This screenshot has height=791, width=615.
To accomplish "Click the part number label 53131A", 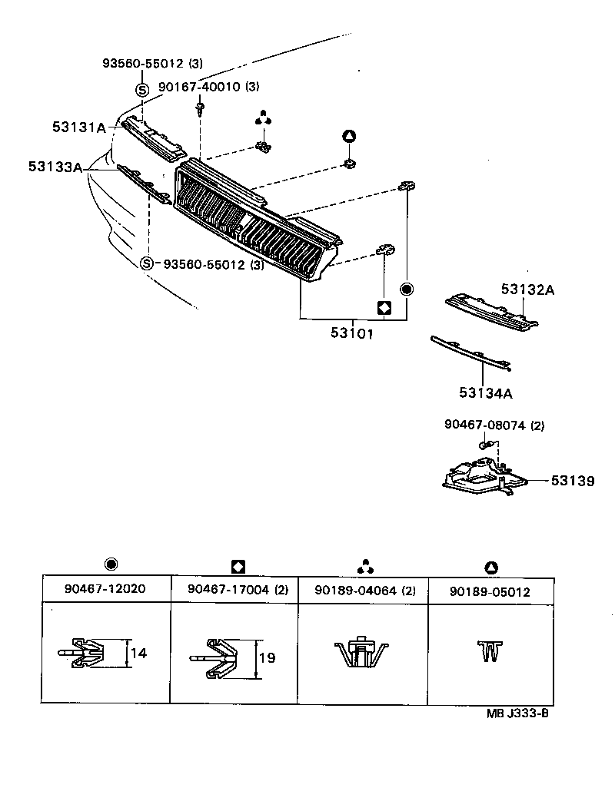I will coord(79,128).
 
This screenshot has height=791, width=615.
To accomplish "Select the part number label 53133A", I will coord(55,167).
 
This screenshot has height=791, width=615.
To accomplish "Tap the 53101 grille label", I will coord(352,335).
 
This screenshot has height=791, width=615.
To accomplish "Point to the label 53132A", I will coord(527,290).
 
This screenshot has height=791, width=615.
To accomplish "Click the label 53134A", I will coord(486,393).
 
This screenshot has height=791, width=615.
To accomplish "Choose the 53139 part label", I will coord(572,481).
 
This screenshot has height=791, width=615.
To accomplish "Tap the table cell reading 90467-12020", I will coord(105,590).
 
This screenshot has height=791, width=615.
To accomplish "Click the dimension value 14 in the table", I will coord(138,654).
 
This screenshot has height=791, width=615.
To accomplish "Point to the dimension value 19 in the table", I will coord(265,658).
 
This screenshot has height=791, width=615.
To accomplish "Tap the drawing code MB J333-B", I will coord(517,712).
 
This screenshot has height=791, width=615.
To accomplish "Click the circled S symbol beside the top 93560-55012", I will coord(142,89).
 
